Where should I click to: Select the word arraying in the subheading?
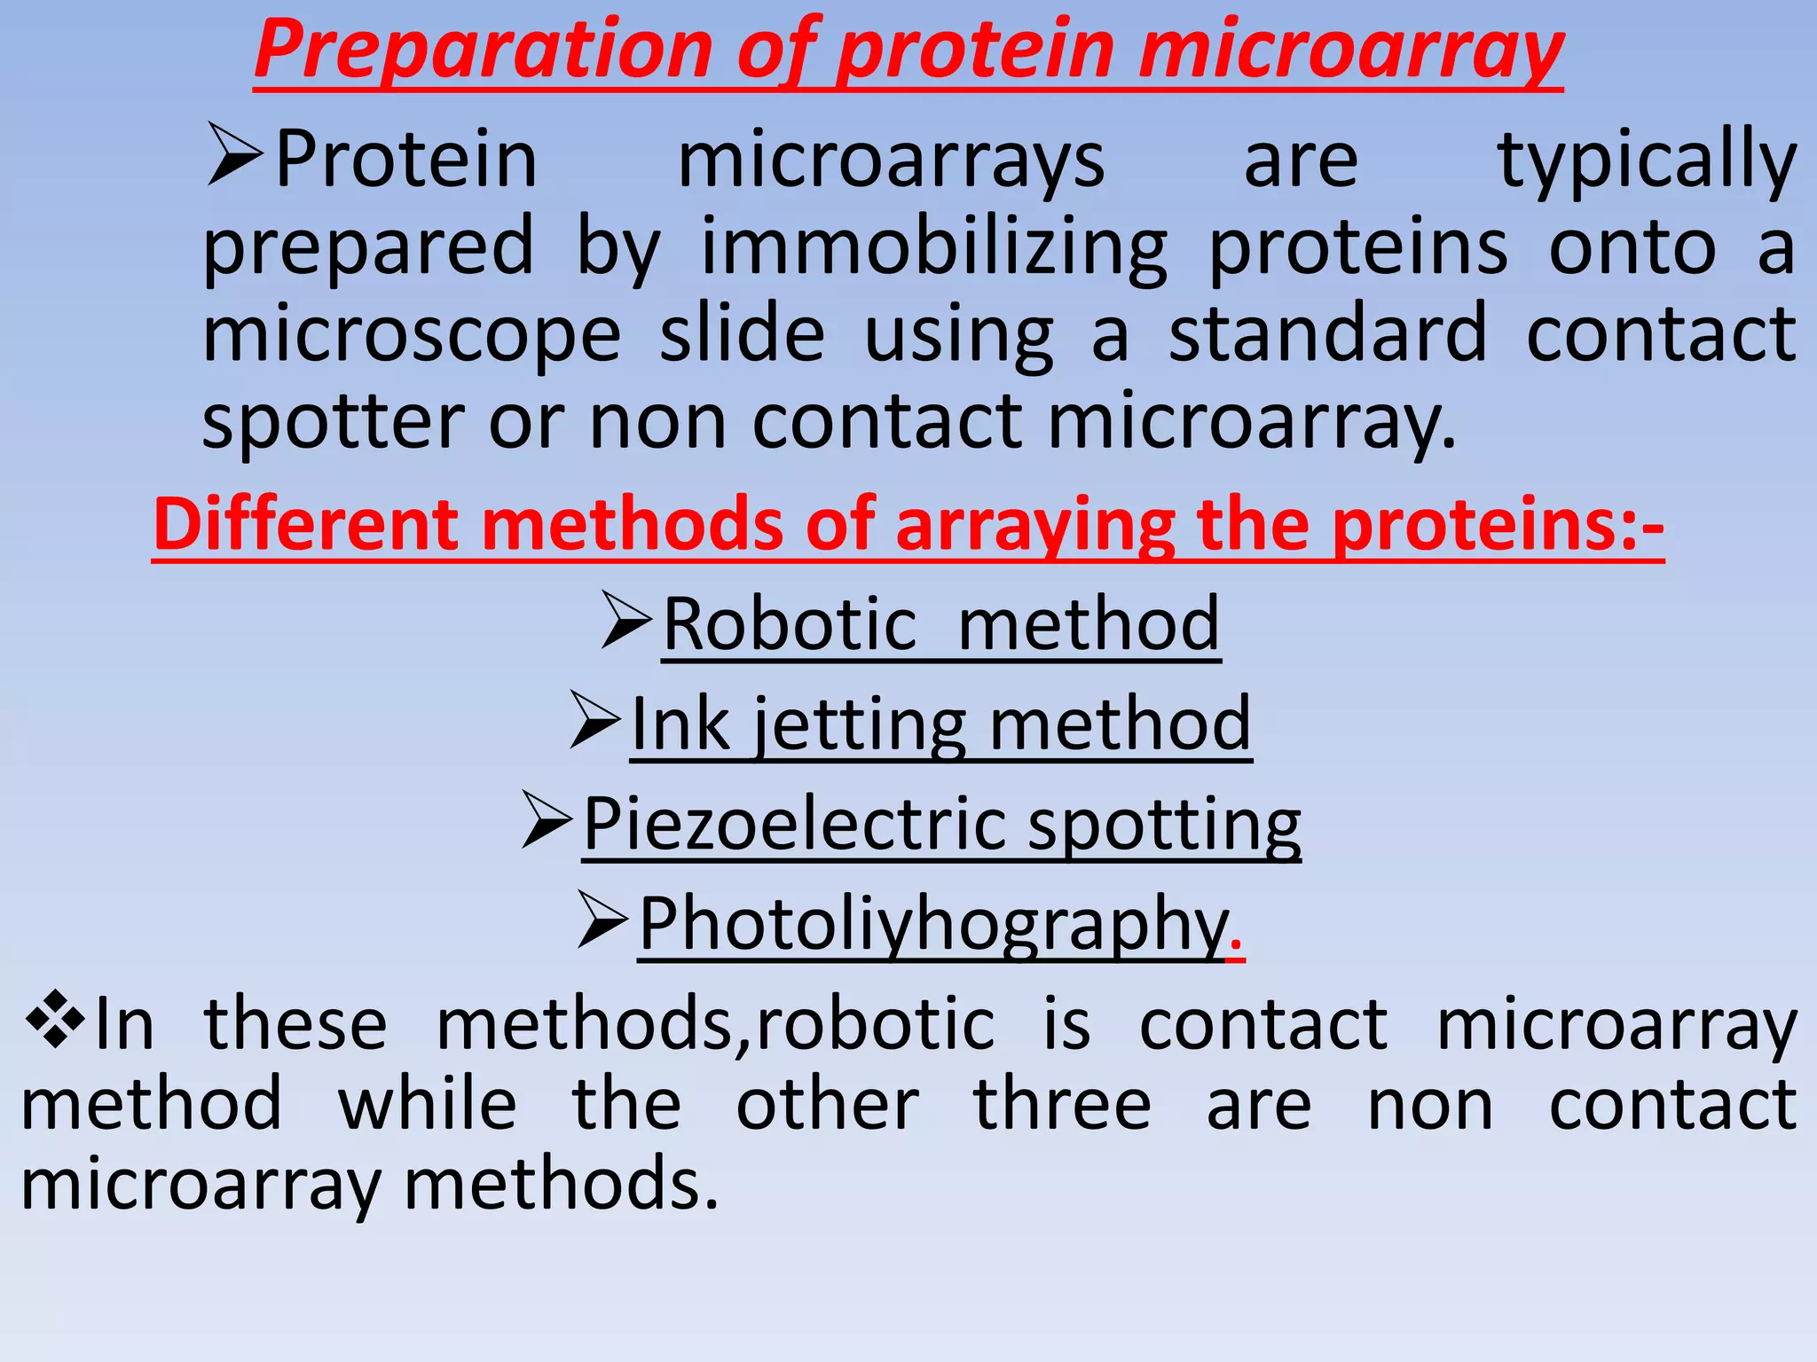click(x=1034, y=526)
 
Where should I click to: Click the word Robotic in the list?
click(x=790, y=624)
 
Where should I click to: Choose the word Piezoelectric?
click(x=795, y=825)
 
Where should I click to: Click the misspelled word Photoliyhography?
click(x=932, y=925)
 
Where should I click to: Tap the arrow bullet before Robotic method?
click(x=627, y=620)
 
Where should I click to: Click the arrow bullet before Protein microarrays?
click(x=234, y=155)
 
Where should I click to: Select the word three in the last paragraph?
click(x=1062, y=1105)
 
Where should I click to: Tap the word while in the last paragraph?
click(x=427, y=1105)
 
